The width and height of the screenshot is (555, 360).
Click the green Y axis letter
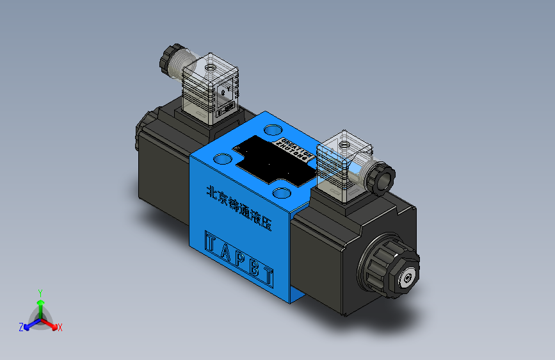pyautogui.click(x=40, y=292)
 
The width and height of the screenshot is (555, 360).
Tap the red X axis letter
pyautogui.click(x=60, y=328)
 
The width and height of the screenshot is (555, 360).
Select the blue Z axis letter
pyautogui.click(x=20, y=327)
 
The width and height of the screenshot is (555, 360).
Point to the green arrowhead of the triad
pyautogui.click(x=40, y=301)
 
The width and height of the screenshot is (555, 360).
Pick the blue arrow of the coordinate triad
pyautogui.click(x=30, y=323)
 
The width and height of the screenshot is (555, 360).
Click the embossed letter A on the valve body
pyautogui.click(x=229, y=252)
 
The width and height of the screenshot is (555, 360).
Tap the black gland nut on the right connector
pyautogui.click(x=381, y=177)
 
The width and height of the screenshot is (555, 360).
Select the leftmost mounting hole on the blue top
pyautogui.click(x=223, y=158)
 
